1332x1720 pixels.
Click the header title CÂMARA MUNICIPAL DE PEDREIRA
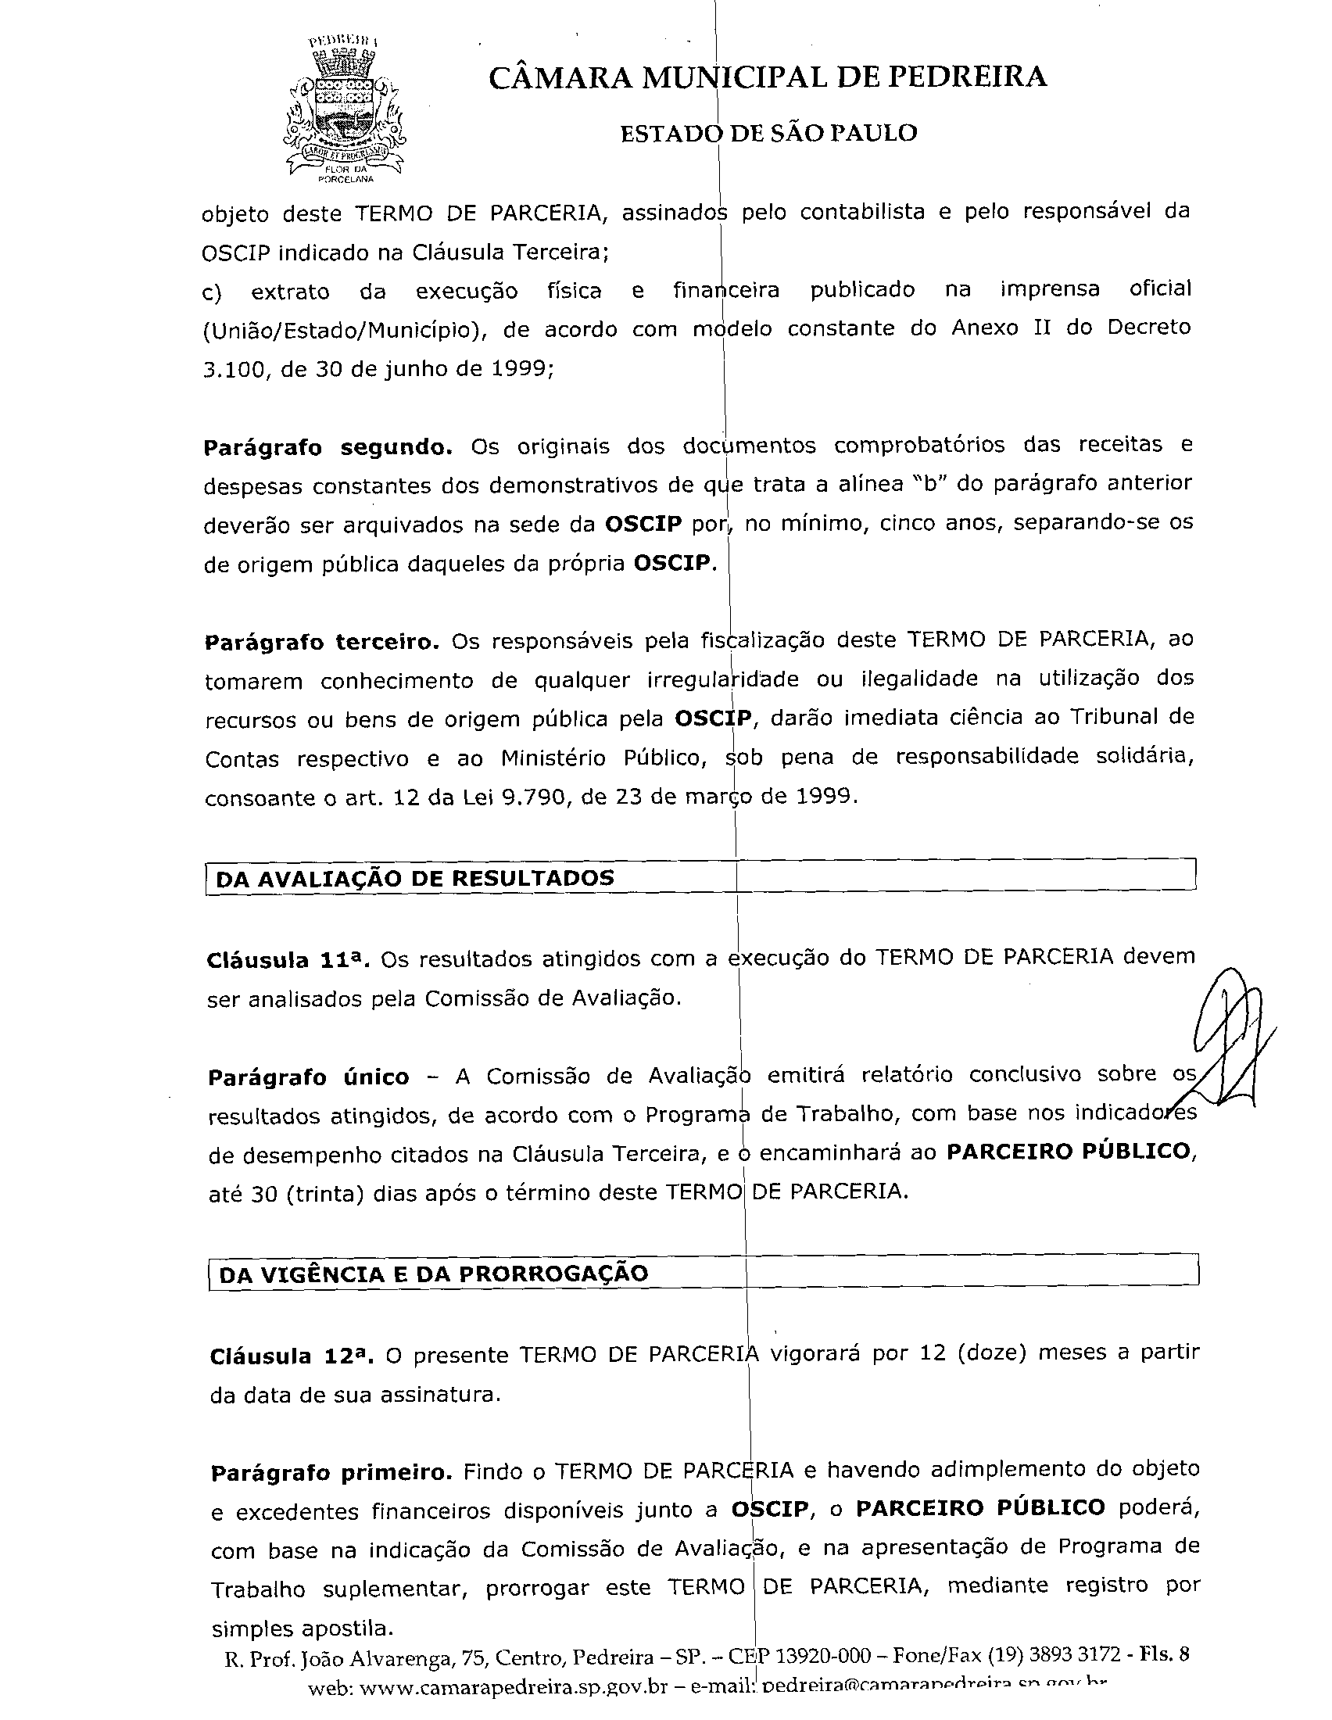pyautogui.click(x=768, y=77)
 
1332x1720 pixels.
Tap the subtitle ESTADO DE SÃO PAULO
pyautogui.click(x=768, y=133)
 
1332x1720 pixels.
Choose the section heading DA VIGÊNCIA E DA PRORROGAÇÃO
pyautogui.click(x=433, y=1274)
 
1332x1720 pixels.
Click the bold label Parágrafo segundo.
pyautogui.click(x=328, y=447)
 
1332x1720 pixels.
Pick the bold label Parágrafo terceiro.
pyautogui.click(x=321, y=642)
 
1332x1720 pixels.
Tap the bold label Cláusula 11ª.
pyautogui.click(x=288, y=960)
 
